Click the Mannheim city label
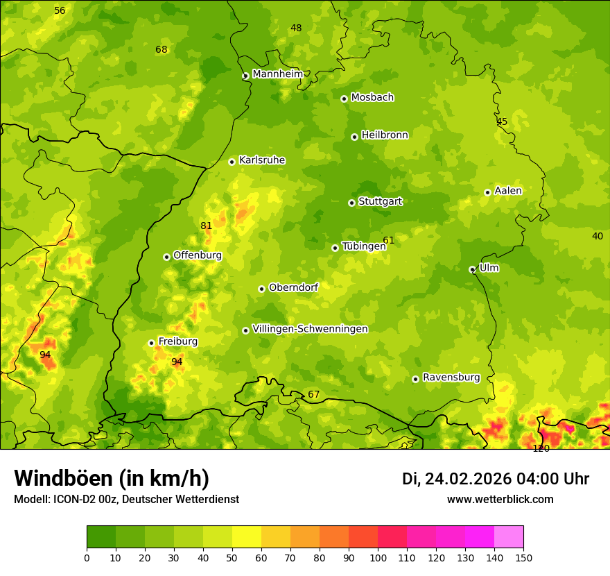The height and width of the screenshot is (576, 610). [x=277, y=74]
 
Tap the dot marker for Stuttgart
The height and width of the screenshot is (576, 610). [x=351, y=203]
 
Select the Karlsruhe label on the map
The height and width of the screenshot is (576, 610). [x=261, y=160]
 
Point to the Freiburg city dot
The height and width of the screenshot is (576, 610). [x=151, y=343]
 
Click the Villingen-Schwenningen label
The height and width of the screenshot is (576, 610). [x=310, y=329]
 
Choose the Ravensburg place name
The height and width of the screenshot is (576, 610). [x=451, y=378]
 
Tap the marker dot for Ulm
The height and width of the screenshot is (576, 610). [x=472, y=269]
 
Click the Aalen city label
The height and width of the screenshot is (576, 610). [x=507, y=191]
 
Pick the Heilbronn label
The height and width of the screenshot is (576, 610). [x=385, y=135]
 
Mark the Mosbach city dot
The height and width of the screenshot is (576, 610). [x=344, y=99]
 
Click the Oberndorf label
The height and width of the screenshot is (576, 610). [x=293, y=287]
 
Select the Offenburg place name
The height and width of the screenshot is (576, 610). [x=197, y=255]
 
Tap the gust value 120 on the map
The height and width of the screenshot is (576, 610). [x=541, y=449]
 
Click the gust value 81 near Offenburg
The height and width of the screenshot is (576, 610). [x=206, y=226]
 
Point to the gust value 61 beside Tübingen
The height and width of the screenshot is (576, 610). [x=388, y=241]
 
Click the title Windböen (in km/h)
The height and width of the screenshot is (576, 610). [x=112, y=478]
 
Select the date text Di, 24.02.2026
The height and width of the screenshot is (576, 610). [x=456, y=479]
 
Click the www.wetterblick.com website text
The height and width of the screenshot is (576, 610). [x=500, y=500]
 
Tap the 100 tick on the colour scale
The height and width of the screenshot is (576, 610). [x=378, y=557]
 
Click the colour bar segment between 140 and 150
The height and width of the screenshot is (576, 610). [x=509, y=537]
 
